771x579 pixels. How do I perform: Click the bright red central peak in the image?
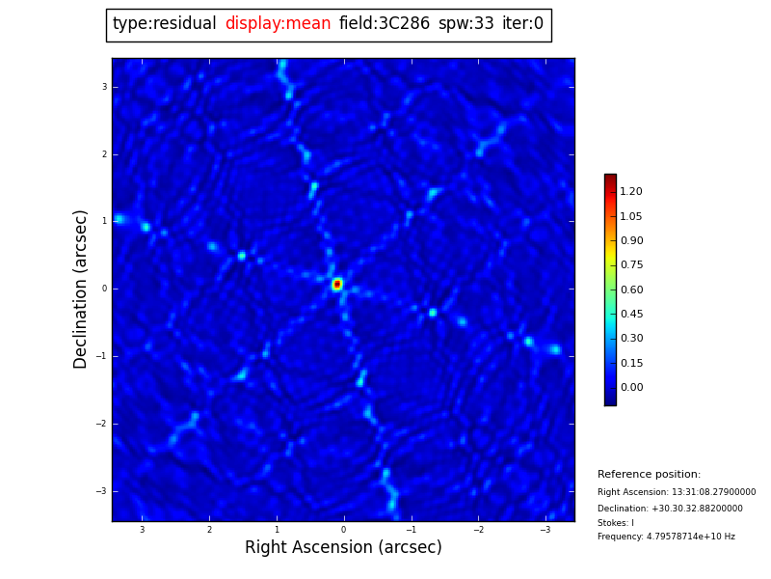click(x=337, y=284)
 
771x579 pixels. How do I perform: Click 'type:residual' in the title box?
click(x=164, y=24)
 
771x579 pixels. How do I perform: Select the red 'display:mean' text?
click(x=278, y=24)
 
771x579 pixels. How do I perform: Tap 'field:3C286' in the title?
click(x=384, y=24)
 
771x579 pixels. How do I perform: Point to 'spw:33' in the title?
click(x=465, y=24)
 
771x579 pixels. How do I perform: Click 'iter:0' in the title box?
click(x=522, y=24)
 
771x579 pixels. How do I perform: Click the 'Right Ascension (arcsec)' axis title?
click(x=343, y=547)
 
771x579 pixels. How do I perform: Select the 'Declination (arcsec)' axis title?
click(x=81, y=289)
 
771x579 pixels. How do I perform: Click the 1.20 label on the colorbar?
click(x=631, y=192)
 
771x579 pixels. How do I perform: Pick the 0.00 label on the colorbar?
click(x=631, y=388)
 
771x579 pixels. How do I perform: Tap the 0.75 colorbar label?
click(x=631, y=265)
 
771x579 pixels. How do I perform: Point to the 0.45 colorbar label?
click(x=631, y=315)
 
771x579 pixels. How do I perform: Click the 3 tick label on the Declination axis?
click(x=104, y=87)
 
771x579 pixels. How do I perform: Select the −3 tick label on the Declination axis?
click(x=101, y=491)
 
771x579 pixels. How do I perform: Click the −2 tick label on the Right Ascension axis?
click(x=478, y=530)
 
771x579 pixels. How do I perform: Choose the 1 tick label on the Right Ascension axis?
click(x=277, y=530)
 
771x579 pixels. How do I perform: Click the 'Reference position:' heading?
click(x=649, y=475)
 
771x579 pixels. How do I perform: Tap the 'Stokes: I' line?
click(x=615, y=523)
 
